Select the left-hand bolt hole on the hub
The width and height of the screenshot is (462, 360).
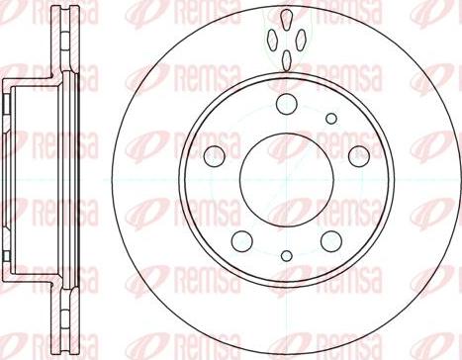point(215,154)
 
